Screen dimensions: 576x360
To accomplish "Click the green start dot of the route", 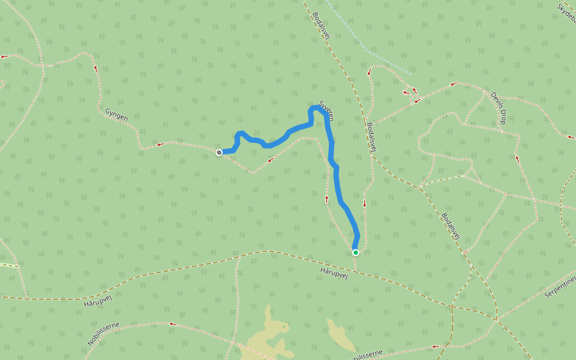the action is click(x=356, y=253).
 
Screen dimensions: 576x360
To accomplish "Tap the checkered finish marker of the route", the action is click(x=219, y=152).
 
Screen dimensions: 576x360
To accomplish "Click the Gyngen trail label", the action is click(x=116, y=114).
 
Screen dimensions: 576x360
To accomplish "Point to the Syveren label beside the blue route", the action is click(x=326, y=110).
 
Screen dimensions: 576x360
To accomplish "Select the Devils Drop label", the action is click(x=499, y=109).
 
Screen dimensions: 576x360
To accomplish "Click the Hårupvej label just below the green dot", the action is click(x=334, y=271).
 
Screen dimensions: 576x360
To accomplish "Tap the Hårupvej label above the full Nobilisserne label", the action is click(x=98, y=296).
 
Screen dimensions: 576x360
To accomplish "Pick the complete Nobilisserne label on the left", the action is click(x=103, y=334).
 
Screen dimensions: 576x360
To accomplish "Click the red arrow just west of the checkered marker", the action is click(x=160, y=144).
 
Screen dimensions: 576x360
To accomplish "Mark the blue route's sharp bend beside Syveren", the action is click(x=312, y=109).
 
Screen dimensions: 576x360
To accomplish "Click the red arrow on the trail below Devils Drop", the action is click(x=517, y=159).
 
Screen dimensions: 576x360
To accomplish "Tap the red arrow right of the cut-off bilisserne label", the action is click(x=434, y=346).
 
